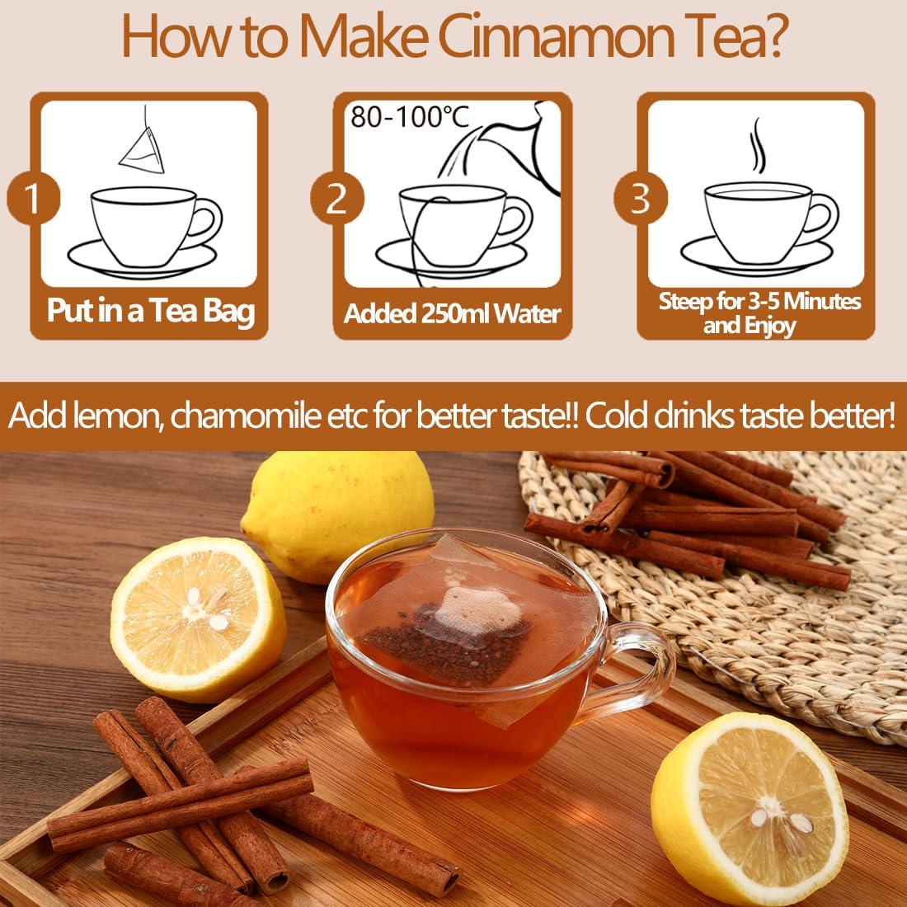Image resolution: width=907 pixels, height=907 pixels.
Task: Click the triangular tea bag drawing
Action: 143,148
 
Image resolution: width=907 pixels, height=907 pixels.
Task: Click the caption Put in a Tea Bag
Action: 150,312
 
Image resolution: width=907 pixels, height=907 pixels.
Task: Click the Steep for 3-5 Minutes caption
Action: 759,301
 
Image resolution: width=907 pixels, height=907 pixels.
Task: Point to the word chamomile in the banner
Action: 264,417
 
